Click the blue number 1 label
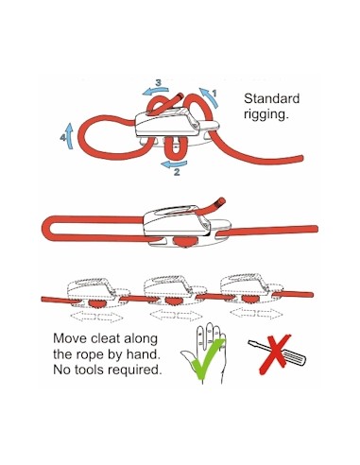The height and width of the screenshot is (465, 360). pyautogui.click(x=214, y=94)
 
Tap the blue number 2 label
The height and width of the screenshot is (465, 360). pyautogui.click(x=177, y=172)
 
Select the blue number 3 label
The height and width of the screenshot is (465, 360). pyautogui.click(x=159, y=83)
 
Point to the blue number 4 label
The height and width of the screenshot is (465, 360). pyautogui.click(x=63, y=138)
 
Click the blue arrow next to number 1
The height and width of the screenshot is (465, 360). pyautogui.click(x=211, y=97)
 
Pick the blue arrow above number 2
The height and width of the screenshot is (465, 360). pyautogui.click(x=174, y=164)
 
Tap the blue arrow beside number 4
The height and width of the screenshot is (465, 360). pyautogui.click(x=70, y=135)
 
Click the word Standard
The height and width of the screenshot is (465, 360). pyautogui.click(x=271, y=98)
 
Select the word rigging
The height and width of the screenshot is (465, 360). pyautogui.click(x=266, y=114)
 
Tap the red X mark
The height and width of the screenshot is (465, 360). pyautogui.click(x=275, y=354)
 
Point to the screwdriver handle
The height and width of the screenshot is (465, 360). pyautogui.click(x=294, y=358)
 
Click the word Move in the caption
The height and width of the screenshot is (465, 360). pyautogui.click(x=70, y=338)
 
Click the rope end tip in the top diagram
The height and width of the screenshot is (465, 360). pyautogui.click(x=180, y=95)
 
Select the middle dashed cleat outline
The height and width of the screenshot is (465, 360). pyautogui.click(x=175, y=290)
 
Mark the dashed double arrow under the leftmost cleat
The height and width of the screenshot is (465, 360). pyautogui.click(x=96, y=317)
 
